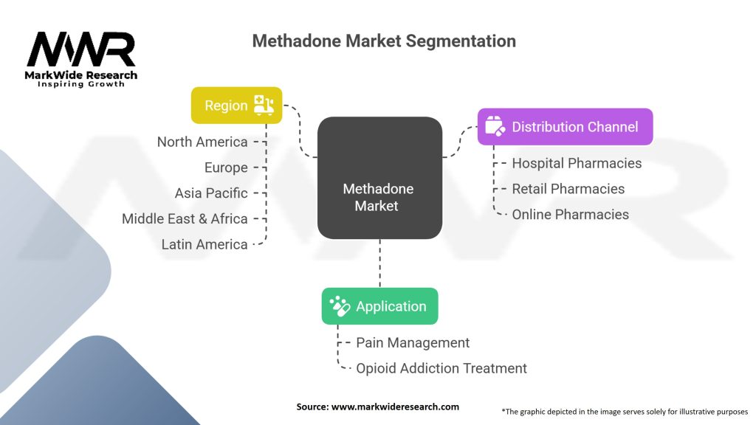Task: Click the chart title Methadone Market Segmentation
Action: pyautogui.click(x=384, y=41)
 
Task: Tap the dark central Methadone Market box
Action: pyautogui.click(x=379, y=177)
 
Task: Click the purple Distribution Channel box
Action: pyautogui.click(x=565, y=127)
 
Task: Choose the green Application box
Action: pyautogui.click(x=379, y=306)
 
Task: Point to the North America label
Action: pyautogui.click(x=202, y=142)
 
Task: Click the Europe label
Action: pyautogui.click(x=226, y=167)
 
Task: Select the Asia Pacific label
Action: pyautogui.click(x=211, y=193)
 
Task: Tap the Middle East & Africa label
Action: pyautogui.click(x=185, y=218)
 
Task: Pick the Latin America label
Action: pyautogui.click(x=205, y=244)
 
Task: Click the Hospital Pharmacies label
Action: pyautogui.click(x=577, y=163)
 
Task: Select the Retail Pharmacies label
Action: pyautogui.click(x=568, y=189)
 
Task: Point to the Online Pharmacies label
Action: pyautogui.click(x=570, y=215)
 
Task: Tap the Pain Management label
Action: pyautogui.click(x=413, y=342)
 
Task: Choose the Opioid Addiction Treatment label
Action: pyautogui.click(x=441, y=368)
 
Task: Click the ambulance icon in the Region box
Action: pyautogui.click(x=264, y=105)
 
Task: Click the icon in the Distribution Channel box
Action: pyautogui.click(x=495, y=127)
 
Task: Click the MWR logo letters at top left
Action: pyautogui.click(x=81, y=49)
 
